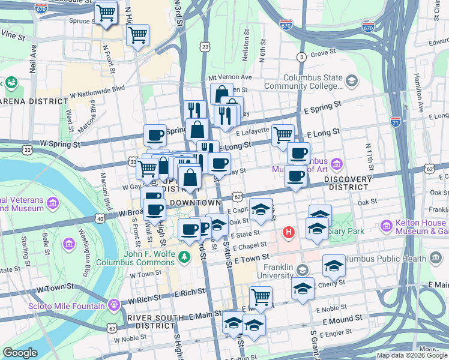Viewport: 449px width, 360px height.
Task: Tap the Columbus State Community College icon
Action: [351, 80]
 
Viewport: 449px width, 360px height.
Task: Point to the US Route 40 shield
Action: [100, 219]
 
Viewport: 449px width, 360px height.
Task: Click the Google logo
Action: [20, 353]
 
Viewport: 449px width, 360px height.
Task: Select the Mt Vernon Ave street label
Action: [230, 77]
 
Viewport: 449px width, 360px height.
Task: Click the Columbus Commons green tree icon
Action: [186, 257]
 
